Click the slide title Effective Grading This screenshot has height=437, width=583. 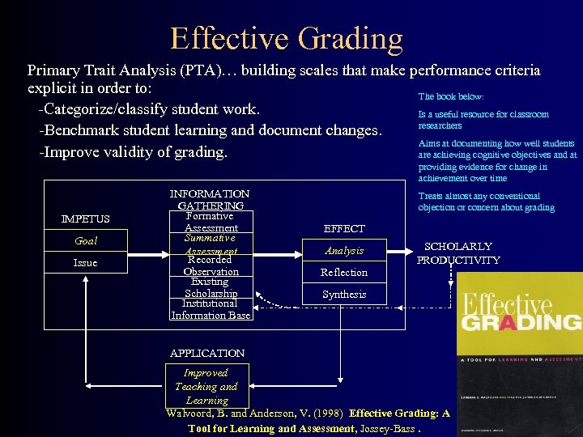click(x=286, y=38)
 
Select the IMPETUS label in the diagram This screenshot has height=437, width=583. click(x=86, y=219)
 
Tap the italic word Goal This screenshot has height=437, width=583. click(x=86, y=241)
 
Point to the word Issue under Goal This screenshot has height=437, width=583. click(x=85, y=263)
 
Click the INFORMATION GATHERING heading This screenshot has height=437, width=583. click(x=209, y=200)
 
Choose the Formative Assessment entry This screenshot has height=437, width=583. click(x=210, y=223)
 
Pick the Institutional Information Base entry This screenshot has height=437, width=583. click(x=211, y=309)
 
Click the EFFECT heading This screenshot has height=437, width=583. click(x=344, y=229)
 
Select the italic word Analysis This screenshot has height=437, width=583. click(x=344, y=251)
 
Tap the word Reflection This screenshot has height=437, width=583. click(x=344, y=273)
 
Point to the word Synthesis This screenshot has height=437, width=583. click(x=344, y=295)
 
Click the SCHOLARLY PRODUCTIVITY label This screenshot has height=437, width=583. click(x=458, y=253)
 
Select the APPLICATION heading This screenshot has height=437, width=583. click(x=207, y=354)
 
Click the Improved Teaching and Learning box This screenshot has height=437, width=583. click(x=206, y=386)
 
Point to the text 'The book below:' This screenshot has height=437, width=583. click(x=451, y=96)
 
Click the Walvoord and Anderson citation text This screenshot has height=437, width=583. click(x=308, y=421)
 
